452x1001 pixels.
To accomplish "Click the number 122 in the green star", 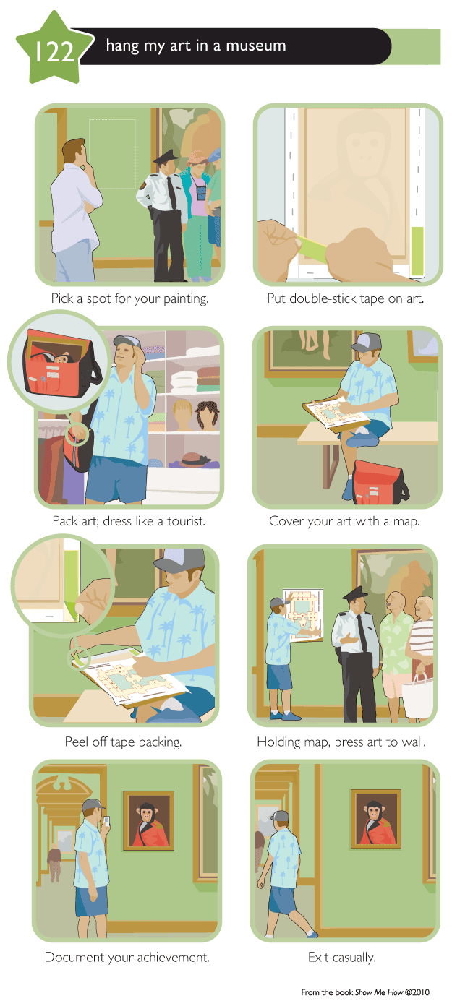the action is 54,51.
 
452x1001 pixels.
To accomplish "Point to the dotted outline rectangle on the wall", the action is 112,153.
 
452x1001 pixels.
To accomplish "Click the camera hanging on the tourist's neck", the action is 202,192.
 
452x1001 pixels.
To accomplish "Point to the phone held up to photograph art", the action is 106,821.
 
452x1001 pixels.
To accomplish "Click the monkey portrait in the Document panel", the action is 148,820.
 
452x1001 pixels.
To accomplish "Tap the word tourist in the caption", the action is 187,521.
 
